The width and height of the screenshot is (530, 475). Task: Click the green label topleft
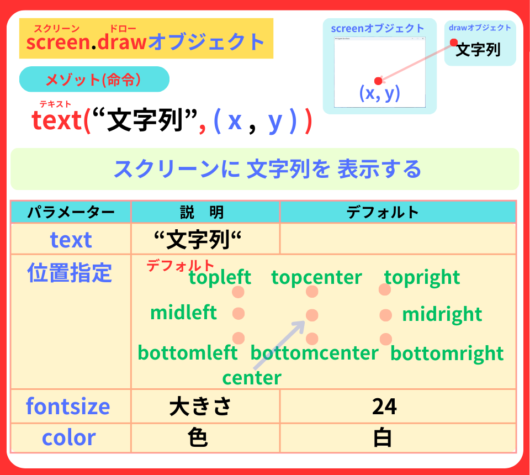(220, 277)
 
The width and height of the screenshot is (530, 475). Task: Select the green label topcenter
(316, 277)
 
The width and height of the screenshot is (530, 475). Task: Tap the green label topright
(422, 277)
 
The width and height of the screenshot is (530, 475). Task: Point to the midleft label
(183, 313)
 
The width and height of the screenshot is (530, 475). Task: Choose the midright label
(442, 314)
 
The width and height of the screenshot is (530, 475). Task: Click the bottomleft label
(187, 352)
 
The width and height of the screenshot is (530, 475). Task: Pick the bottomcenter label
(314, 352)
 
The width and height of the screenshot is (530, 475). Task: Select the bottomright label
(447, 353)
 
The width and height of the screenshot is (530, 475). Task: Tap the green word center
(251, 378)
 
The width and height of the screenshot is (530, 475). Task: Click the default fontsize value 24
(384, 407)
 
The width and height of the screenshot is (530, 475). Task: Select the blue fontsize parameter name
(68, 407)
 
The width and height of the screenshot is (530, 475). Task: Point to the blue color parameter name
(68, 437)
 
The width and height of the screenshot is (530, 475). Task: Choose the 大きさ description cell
(199, 407)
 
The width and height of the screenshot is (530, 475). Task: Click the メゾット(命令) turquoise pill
(94, 80)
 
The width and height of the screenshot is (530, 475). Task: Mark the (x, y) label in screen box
(379, 93)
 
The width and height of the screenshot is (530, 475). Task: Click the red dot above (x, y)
(378, 81)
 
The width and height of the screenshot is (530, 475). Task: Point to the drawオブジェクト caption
(480, 28)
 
